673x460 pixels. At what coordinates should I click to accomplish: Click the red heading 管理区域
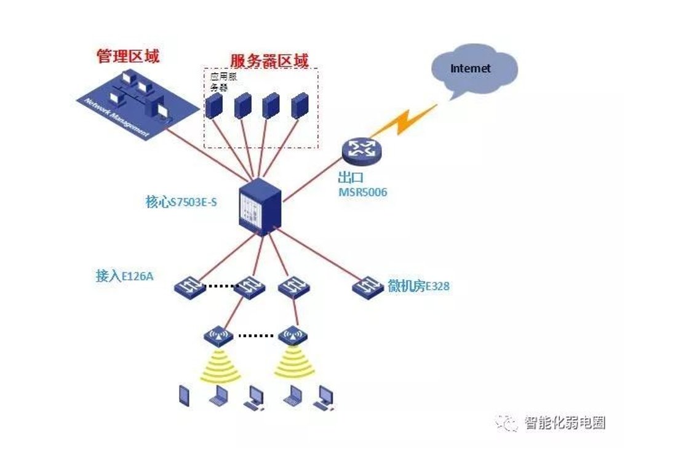click(128, 56)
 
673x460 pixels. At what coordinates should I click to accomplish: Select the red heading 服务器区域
click(269, 60)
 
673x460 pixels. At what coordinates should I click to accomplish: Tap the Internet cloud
click(474, 69)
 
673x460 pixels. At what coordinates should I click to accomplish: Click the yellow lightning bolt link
click(404, 120)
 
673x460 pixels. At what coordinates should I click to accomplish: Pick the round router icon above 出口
click(362, 150)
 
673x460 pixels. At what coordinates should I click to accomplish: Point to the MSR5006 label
click(363, 192)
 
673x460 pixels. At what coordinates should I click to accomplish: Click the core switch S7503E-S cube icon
click(260, 207)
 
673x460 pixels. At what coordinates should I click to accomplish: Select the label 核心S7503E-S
click(181, 202)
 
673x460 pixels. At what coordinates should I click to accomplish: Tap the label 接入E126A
click(124, 276)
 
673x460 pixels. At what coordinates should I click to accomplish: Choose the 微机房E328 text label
click(418, 286)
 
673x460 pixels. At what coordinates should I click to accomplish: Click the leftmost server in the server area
click(213, 106)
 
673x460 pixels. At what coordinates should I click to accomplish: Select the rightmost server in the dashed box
click(300, 106)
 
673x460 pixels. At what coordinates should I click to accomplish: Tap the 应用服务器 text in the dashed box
click(223, 82)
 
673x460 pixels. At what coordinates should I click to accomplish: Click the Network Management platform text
click(117, 118)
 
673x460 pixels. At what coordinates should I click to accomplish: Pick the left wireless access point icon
click(218, 336)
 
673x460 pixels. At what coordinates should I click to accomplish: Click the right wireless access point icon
click(293, 336)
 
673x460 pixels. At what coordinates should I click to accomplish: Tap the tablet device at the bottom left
click(184, 395)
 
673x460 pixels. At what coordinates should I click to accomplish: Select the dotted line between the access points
click(256, 336)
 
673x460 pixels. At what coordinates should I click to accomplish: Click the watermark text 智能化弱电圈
click(565, 422)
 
